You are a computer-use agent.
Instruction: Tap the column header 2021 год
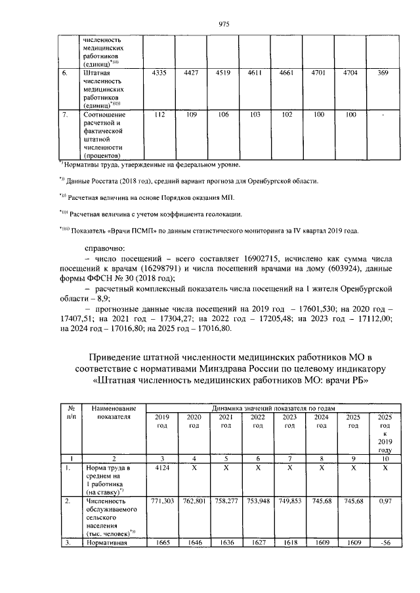[x=225, y=421]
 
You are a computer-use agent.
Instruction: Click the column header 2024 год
[x=321, y=421]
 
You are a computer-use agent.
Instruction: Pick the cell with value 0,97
[x=385, y=502]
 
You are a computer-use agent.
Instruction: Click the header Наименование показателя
[x=114, y=411]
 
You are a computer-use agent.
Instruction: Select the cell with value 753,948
[x=257, y=502]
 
